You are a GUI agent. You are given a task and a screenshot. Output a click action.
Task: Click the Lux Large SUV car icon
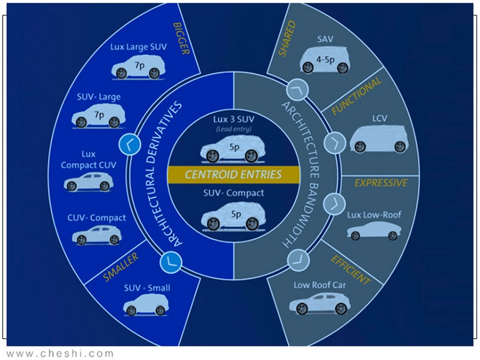coord(138,67)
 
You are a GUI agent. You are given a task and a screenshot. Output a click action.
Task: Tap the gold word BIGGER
coord(181,39)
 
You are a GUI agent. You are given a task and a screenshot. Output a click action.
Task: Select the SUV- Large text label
coord(99,97)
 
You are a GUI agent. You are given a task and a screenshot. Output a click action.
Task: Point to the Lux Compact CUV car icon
coord(89,181)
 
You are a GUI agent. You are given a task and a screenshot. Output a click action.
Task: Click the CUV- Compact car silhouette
coord(97,235)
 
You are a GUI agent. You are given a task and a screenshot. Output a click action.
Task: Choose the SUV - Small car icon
coord(146,305)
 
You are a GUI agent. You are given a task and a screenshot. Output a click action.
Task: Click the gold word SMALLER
coord(121,267)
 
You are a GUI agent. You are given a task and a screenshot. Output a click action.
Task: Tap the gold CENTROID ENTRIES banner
coord(233,174)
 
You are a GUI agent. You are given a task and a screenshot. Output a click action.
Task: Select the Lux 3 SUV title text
coord(234,119)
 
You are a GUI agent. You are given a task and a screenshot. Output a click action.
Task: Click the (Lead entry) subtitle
coord(234,129)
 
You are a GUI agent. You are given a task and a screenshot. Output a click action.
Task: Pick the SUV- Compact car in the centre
coord(233,217)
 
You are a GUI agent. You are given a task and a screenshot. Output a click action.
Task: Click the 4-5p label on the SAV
coord(325,59)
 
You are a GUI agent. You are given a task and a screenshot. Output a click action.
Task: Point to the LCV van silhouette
coord(380,138)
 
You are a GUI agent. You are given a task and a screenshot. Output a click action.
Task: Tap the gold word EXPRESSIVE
coord(380,183)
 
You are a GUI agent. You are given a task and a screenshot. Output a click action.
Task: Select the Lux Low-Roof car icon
coord(374,231)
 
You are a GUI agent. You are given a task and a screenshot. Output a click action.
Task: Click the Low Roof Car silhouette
coord(320,303)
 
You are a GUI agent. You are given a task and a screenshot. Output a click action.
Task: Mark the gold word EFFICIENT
coord(351,270)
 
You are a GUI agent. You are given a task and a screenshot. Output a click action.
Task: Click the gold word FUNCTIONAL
coord(356,96)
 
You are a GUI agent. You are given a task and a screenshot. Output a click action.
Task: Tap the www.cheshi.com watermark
coord(60,354)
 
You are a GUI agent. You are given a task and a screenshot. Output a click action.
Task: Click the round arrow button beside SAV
coord(297,90)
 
